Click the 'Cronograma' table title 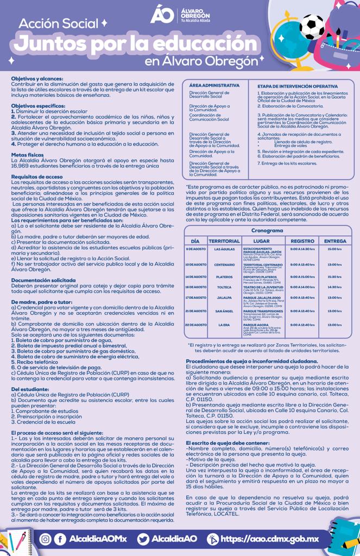(267, 231)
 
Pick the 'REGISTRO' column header (302, 241)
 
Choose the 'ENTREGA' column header (335, 241)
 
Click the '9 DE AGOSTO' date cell (196, 249)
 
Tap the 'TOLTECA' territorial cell (224, 287)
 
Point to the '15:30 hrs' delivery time (335, 276)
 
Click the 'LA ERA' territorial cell (224, 325)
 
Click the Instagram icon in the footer (46, 539)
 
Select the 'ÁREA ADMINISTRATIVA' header (214, 86)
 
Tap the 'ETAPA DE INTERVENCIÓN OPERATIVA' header (297, 86)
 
